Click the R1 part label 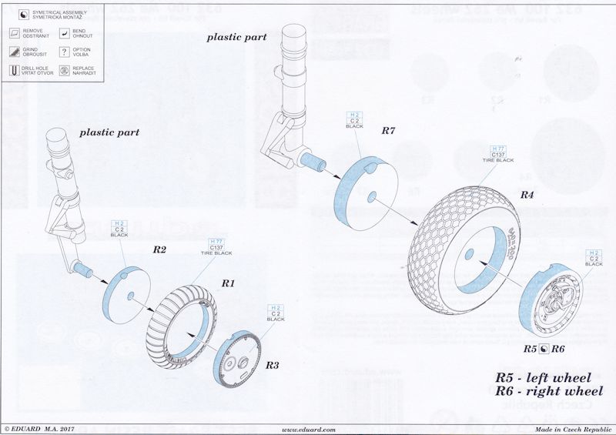point(228,284)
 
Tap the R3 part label point(271,364)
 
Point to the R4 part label point(527,195)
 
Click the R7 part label point(389,131)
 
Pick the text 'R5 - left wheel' point(543,378)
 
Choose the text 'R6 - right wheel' point(543,392)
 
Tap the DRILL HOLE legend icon point(13,70)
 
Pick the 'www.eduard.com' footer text point(308,429)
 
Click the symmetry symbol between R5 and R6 point(543,349)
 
